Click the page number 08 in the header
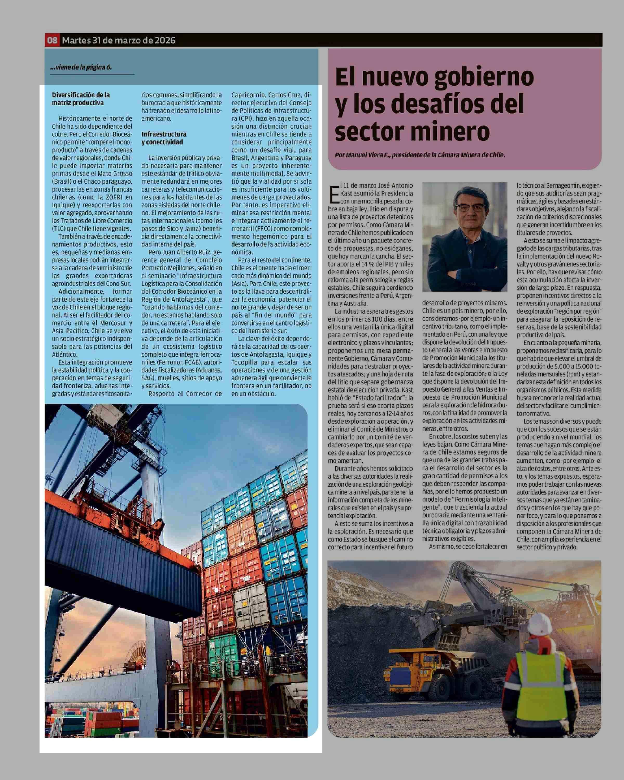click(53, 40)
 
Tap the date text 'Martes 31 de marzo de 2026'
click(119, 40)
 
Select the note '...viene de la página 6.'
click(81, 67)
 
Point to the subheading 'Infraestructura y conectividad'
click(164, 138)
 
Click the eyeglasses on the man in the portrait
click(469, 207)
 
